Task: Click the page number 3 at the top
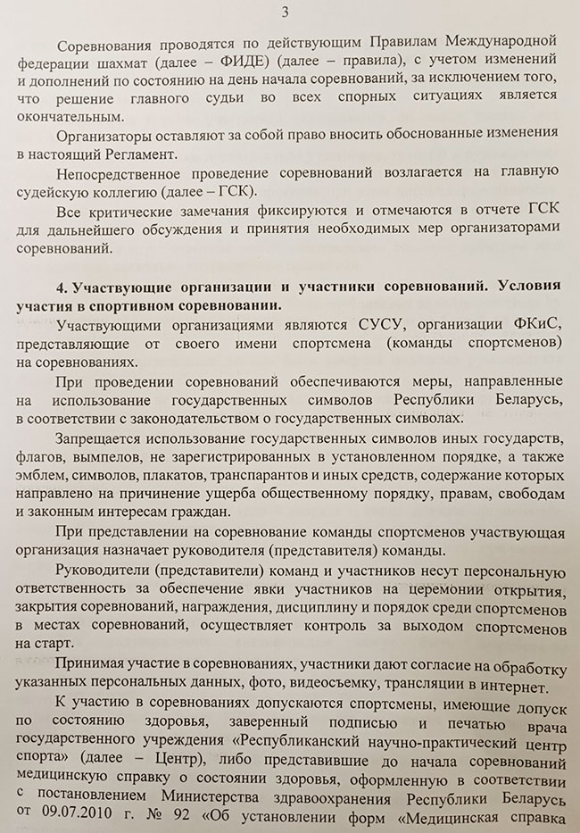285,12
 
